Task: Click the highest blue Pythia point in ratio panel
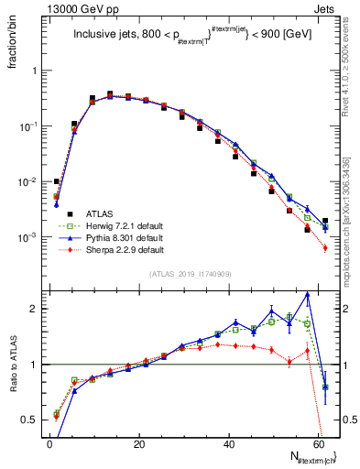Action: [308, 294]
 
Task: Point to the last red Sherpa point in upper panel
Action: [325, 247]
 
